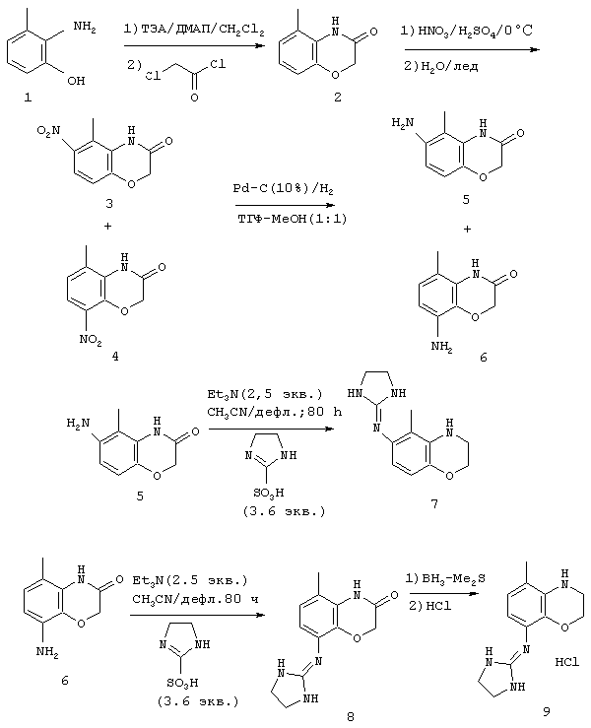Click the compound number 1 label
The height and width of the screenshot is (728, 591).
(29, 98)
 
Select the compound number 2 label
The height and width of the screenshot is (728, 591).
(338, 97)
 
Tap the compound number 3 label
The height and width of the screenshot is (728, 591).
(109, 203)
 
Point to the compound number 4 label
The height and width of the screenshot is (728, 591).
(114, 356)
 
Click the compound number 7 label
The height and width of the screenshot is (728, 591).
(434, 503)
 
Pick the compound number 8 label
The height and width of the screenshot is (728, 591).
(350, 716)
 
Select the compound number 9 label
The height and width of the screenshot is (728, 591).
(546, 711)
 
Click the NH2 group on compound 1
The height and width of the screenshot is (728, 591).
(85, 28)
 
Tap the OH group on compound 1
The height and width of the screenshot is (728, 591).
(76, 81)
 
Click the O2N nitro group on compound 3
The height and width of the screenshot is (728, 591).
(48, 131)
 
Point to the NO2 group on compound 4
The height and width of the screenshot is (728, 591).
(91, 340)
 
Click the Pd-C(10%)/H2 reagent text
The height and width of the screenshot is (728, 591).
(283, 189)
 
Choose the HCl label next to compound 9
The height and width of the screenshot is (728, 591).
(566, 663)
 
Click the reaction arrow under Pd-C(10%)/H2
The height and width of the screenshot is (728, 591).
(284, 205)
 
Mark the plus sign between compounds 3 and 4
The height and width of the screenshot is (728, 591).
(108, 227)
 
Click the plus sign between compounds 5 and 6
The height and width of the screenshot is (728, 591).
(467, 229)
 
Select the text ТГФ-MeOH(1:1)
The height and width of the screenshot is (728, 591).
(292, 219)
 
